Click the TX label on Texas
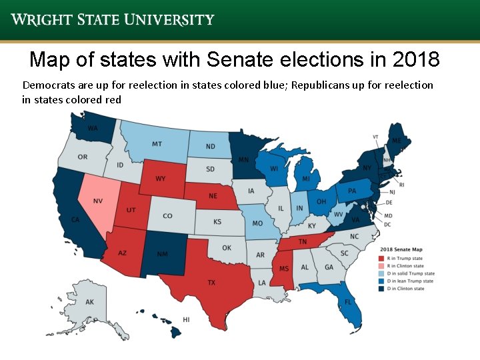[x=211, y=283]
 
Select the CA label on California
[x=76, y=220]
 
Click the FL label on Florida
[x=348, y=302]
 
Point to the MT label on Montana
[x=157, y=144]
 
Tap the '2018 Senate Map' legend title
[x=401, y=249]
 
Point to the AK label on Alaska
[x=90, y=302]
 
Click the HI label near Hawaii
[x=186, y=320]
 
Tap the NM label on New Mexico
[x=162, y=254]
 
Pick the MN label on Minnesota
[x=244, y=160]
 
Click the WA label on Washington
[x=93, y=128]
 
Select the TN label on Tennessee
[x=302, y=242]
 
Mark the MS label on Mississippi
[x=283, y=268]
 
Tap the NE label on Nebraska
[x=213, y=196]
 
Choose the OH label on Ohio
[x=321, y=202]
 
